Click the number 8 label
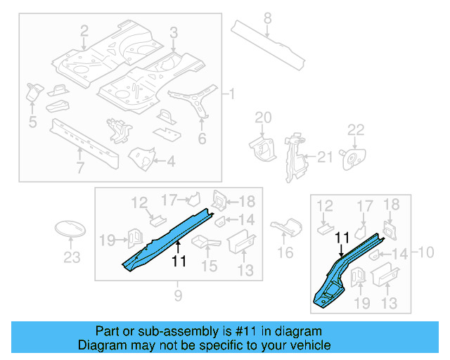tap(268, 18)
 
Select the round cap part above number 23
tap(70, 230)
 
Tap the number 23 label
tap(72, 258)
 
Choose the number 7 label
tap(80, 167)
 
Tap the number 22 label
tap(356, 129)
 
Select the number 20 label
tap(262, 117)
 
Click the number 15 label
tap(210, 266)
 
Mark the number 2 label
tap(84, 30)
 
